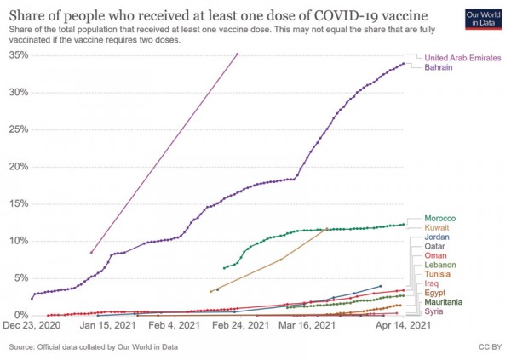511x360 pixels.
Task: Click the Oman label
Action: (435, 256)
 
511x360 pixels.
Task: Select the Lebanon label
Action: (439, 266)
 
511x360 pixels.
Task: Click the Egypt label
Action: (435, 294)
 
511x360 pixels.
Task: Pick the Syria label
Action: (433, 312)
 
